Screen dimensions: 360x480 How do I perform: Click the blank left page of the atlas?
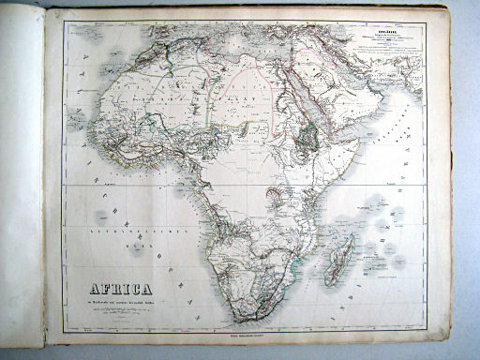21,187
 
